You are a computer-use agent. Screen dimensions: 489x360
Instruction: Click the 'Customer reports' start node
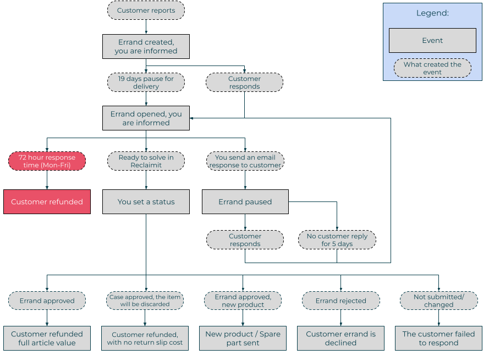(146, 10)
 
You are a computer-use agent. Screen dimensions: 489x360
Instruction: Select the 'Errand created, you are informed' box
(146, 46)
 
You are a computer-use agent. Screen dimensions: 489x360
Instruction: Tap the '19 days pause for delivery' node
(146, 83)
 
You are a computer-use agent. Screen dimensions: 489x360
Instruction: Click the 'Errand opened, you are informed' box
(146, 118)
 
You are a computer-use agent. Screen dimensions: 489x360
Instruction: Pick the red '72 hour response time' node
(47, 161)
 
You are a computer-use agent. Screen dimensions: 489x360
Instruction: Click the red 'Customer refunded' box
(47, 202)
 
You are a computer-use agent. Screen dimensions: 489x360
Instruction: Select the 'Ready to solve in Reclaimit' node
(146, 161)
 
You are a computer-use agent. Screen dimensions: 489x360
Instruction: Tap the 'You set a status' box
(146, 202)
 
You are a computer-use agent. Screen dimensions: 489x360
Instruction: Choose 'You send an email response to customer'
(245, 161)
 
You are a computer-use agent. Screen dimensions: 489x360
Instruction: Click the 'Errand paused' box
(245, 202)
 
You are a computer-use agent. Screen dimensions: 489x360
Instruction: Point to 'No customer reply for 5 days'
(337, 240)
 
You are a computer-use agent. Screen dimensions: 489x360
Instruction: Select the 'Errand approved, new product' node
(243, 301)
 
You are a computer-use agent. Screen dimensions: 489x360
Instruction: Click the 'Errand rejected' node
(341, 301)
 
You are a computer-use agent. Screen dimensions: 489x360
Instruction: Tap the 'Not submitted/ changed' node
(439, 301)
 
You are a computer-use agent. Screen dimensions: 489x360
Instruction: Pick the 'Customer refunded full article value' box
(47, 339)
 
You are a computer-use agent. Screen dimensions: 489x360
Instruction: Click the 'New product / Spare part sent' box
(243, 339)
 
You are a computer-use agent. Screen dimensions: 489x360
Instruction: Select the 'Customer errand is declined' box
(341, 339)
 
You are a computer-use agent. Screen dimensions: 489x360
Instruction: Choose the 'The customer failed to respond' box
(439, 339)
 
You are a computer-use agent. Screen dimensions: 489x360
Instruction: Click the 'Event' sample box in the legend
(432, 41)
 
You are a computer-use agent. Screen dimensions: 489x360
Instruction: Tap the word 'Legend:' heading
(432, 13)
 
